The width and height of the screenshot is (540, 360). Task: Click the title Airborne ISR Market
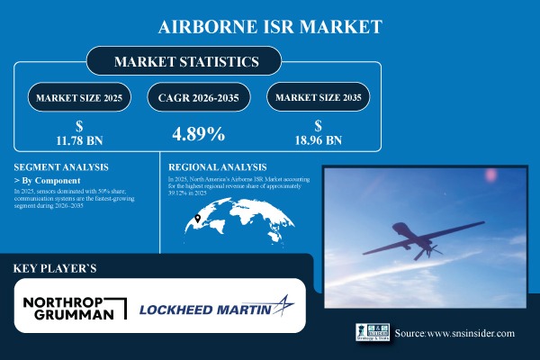coord(269,27)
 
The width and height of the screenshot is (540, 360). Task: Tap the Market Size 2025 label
coord(78,97)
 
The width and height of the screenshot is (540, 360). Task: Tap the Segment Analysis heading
coord(58,167)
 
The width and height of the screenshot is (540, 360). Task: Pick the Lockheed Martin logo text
coord(205,311)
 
